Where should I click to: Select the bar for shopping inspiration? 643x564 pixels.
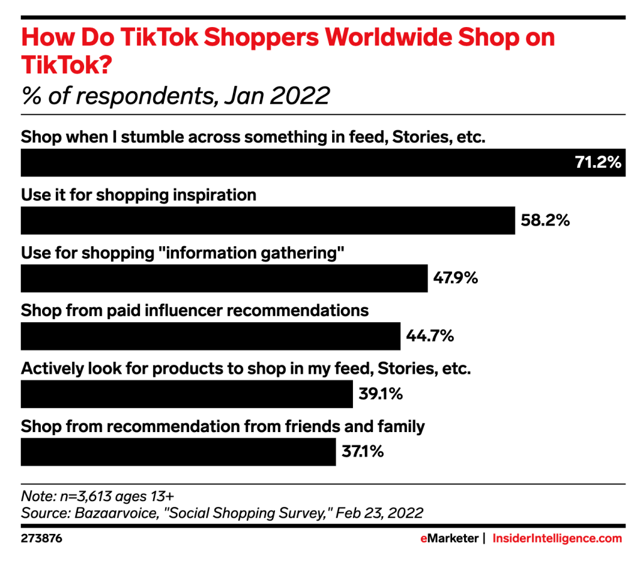(x=268, y=220)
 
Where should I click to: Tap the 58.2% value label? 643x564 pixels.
(x=545, y=220)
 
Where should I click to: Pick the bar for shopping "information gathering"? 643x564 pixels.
(x=224, y=278)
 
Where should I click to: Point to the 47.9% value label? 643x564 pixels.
(x=455, y=278)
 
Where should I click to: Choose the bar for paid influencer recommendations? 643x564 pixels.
(x=210, y=336)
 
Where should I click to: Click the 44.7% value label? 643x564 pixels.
(x=430, y=336)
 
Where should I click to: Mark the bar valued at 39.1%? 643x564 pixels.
(x=187, y=394)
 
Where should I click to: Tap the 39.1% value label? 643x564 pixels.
(x=381, y=394)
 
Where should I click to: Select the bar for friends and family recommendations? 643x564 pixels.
(x=178, y=452)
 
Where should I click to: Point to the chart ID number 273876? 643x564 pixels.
(x=41, y=538)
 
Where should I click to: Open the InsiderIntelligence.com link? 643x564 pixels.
(x=557, y=538)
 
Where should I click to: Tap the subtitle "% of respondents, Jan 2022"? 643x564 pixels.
(x=176, y=95)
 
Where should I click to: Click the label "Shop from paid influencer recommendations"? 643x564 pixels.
(x=195, y=310)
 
